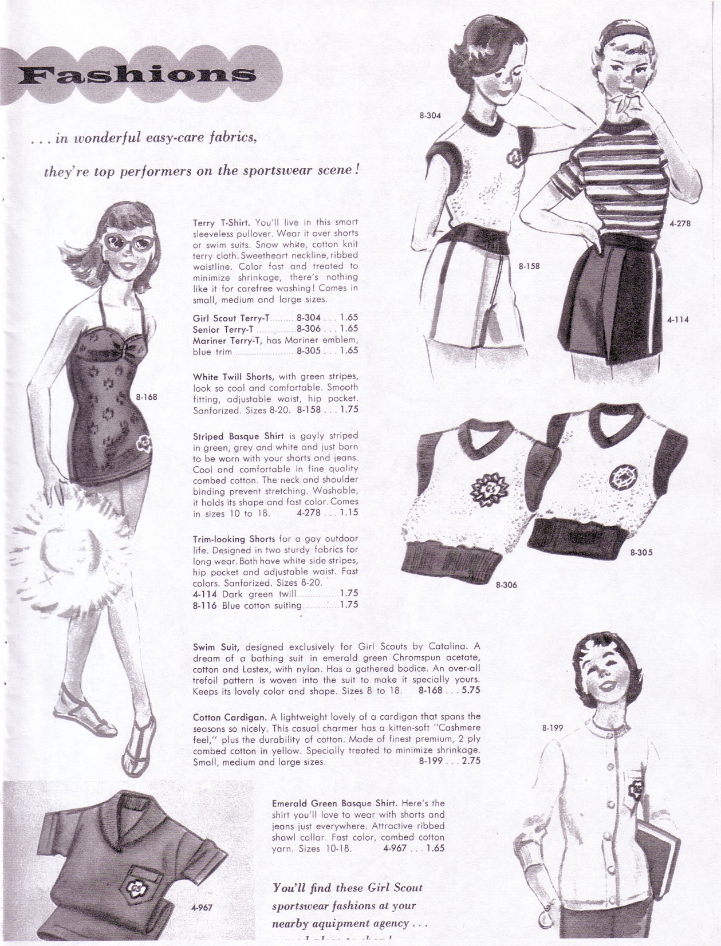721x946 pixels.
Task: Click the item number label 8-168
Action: click(147, 396)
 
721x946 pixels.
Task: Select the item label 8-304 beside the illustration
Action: click(430, 115)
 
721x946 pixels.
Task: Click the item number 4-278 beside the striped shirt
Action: click(679, 223)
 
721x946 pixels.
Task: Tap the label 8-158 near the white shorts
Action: click(529, 266)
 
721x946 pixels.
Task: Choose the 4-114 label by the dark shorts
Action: click(678, 320)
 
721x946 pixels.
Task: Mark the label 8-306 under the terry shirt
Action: click(506, 585)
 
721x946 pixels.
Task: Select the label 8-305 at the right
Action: click(641, 553)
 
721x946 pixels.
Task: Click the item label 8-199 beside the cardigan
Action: click(553, 728)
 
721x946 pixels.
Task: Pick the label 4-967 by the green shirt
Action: click(201, 907)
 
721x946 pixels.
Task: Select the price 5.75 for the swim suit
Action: click(470, 691)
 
